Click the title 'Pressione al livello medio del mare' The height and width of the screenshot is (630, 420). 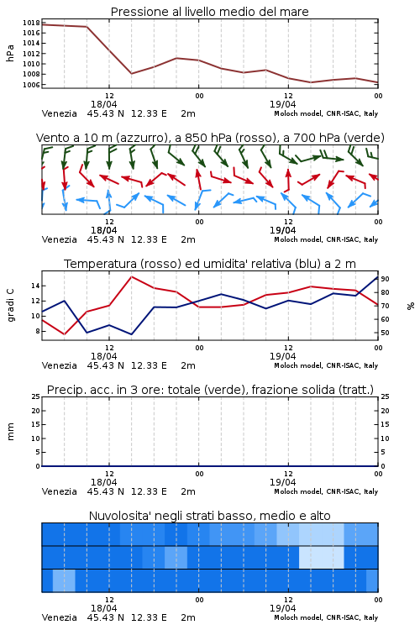(x=209, y=12)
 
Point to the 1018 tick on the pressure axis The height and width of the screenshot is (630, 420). (x=31, y=23)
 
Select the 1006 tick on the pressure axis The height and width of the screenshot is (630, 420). (x=31, y=85)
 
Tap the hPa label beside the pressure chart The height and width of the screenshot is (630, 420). (x=10, y=53)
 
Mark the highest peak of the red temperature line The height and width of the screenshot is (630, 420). (x=131, y=276)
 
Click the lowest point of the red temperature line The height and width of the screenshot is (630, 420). (x=65, y=334)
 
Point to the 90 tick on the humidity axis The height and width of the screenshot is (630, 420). (x=385, y=279)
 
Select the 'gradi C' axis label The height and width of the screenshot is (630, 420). (x=10, y=305)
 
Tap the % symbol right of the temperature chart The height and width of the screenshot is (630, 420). (x=411, y=306)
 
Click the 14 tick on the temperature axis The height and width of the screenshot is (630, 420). (x=35, y=286)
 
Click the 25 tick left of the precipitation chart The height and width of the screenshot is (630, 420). (x=35, y=396)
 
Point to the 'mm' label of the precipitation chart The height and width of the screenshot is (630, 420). (x=10, y=432)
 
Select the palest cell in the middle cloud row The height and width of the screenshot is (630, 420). (x=322, y=557)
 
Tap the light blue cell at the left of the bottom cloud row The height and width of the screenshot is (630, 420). (x=64, y=580)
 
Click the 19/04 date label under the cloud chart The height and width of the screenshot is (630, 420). (x=282, y=608)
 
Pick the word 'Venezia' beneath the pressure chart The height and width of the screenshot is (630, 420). (x=59, y=113)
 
